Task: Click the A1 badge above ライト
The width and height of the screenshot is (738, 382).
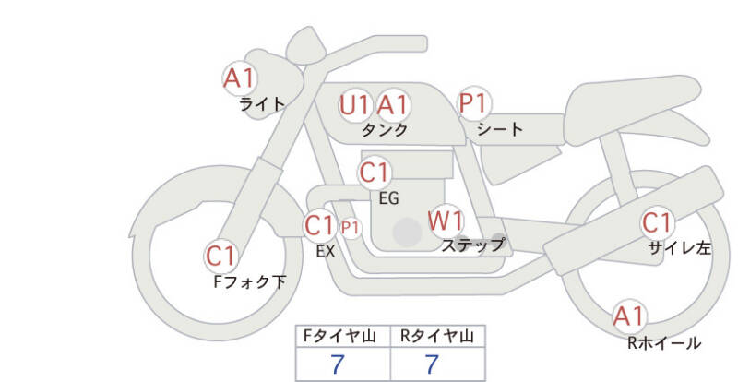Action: [x=240, y=78]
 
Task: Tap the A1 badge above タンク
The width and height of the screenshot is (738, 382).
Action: [x=392, y=105]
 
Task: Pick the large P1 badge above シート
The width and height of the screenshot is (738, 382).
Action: [x=474, y=103]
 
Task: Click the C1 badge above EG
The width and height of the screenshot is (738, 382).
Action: [x=375, y=173]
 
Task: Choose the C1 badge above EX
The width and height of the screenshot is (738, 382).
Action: [x=320, y=226]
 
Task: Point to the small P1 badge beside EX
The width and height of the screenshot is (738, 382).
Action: [x=351, y=228]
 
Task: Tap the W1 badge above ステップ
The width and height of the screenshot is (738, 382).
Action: [x=446, y=221]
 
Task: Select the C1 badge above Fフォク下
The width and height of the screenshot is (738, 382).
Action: [x=221, y=257]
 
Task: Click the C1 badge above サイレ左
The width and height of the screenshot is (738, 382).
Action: [x=657, y=222]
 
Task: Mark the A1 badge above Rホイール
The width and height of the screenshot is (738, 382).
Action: [x=629, y=316]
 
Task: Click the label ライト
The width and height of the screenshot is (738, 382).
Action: [x=263, y=104]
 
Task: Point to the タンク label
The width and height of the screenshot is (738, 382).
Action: [x=385, y=129]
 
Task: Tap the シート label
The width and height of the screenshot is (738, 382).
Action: [x=500, y=128]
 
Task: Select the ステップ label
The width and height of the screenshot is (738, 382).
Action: [x=472, y=245]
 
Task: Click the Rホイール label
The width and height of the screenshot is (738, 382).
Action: [x=664, y=343]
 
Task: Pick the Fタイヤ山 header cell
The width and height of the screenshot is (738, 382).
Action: [x=343, y=337]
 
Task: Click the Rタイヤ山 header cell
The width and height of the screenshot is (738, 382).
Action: [x=437, y=337]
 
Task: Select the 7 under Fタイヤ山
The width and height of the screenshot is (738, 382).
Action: [x=338, y=364]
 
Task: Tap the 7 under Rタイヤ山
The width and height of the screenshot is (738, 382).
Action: [x=432, y=364]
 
